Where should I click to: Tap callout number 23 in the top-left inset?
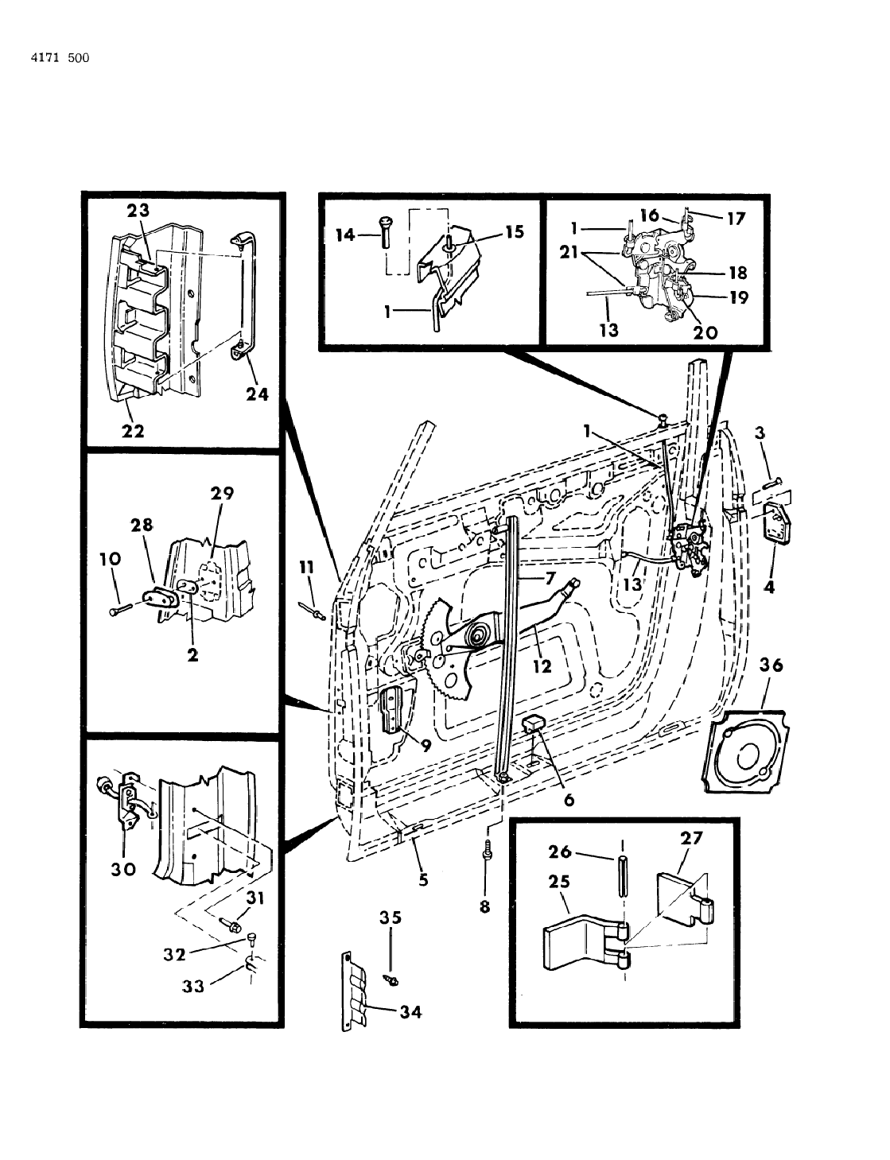coord(137,210)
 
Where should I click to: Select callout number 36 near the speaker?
coord(771,665)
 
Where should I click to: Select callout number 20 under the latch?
coord(705,332)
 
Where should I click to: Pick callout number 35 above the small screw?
coord(390,918)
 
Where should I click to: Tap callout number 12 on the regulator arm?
coord(542,666)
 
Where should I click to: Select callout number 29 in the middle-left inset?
coord(222,493)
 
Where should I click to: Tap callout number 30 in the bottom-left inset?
coord(123,869)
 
